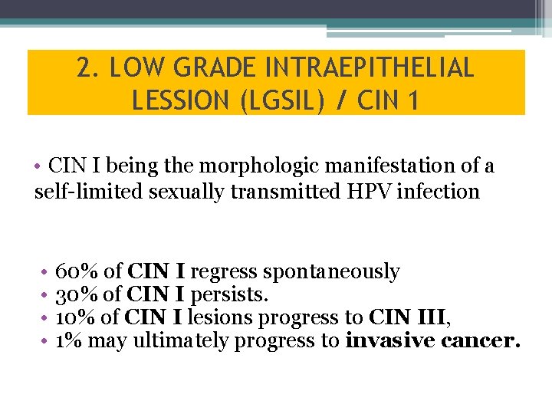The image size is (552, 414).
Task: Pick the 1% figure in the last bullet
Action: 70,340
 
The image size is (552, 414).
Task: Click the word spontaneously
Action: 331,271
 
